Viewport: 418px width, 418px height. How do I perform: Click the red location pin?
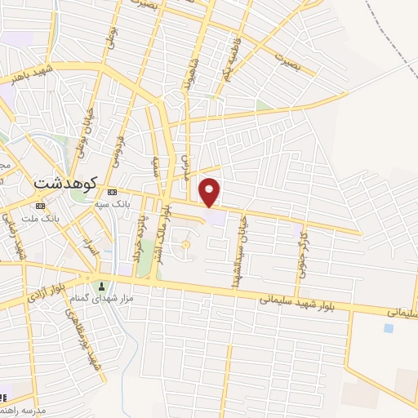point(210,192)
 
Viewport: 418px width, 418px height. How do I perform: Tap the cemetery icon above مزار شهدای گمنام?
point(102,287)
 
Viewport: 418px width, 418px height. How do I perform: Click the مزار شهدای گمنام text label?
point(102,299)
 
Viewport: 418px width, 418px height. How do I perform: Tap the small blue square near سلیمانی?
point(388,328)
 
